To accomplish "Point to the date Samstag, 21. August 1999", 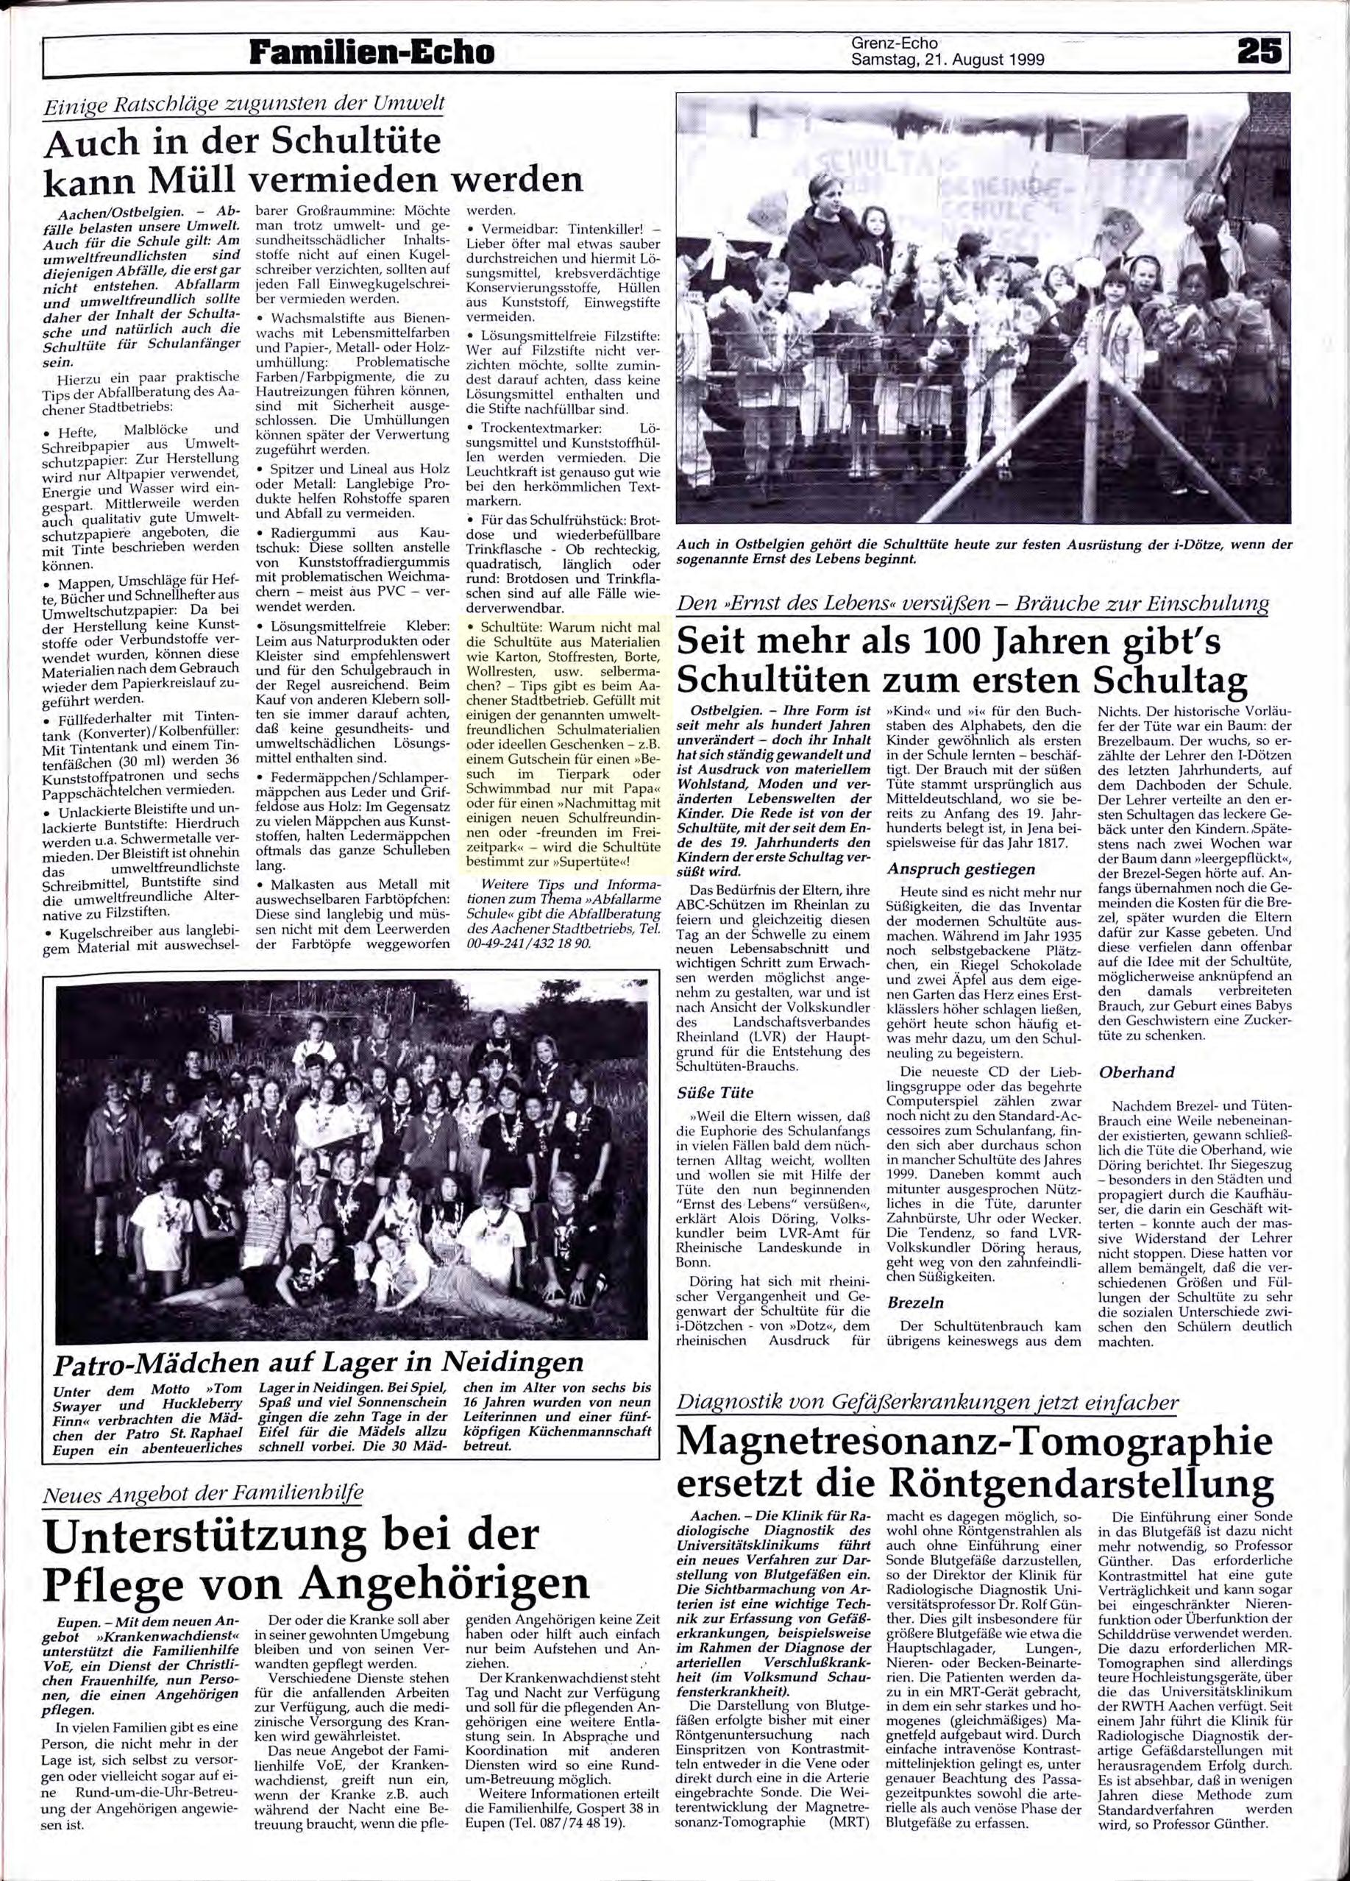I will (x=947, y=59).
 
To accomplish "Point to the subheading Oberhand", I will (x=1136, y=1072).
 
